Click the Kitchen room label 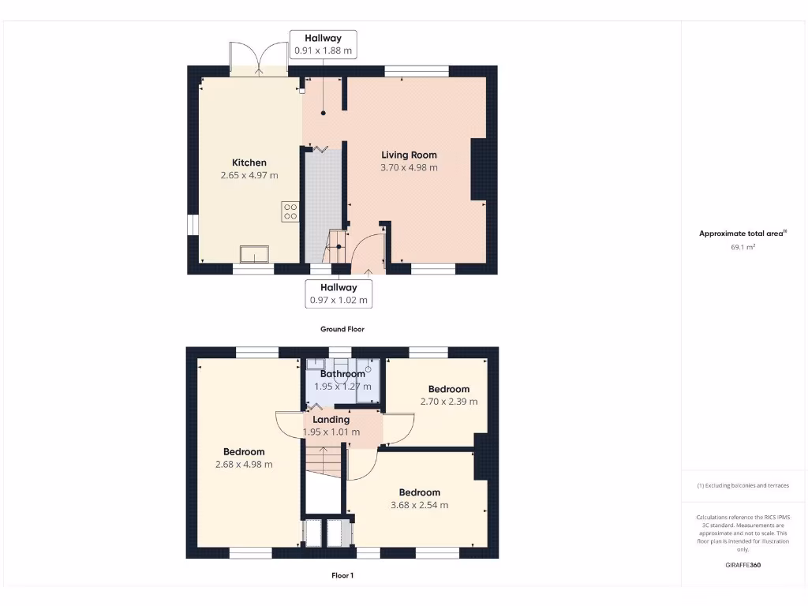[x=249, y=163]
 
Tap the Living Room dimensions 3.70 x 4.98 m [x=409, y=167]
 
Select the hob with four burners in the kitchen [x=290, y=211]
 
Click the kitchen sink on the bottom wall [x=255, y=253]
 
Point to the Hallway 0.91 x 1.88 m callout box [x=323, y=44]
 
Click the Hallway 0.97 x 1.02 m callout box [x=339, y=294]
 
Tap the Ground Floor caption [x=342, y=329]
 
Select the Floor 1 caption [x=342, y=575]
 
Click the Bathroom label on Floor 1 [x=342, y=374]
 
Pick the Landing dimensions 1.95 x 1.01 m [x=331, y=432]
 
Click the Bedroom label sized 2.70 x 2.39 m [x=448, y=389]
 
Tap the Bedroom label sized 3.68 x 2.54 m [x=419, y=492]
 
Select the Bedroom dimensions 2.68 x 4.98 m [x=244, y=464]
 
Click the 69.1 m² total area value [x=743, y=247]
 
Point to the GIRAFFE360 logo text [x=743, y=565]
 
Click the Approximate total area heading [x=743, y=233]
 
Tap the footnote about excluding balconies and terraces [x=743, y=485]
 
